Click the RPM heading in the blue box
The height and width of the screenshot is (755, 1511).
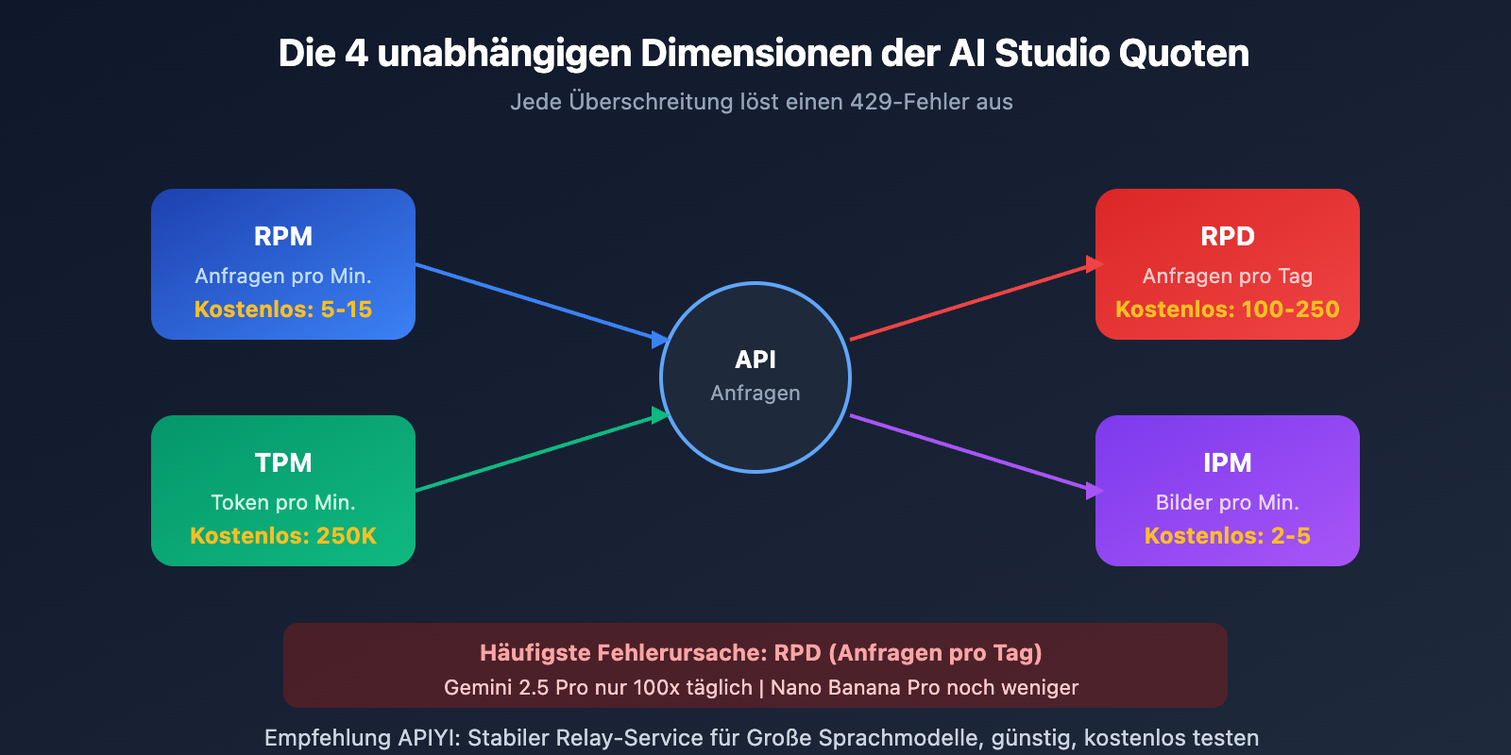[283, 236]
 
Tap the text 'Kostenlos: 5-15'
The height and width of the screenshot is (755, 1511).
[283, 310]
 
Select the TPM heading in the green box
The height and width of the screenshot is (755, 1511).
[283, 462]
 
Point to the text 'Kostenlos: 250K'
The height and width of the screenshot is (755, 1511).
[283, 536]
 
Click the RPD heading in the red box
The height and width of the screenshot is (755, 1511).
[1228, 236]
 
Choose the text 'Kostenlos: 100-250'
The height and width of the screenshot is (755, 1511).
[1228, 310]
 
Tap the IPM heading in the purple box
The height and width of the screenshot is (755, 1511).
[1228, 462]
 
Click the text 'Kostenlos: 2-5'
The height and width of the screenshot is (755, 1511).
[1228, 536]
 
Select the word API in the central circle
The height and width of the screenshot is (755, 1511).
[755, 360]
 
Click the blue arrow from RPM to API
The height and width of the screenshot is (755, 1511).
[538, 301]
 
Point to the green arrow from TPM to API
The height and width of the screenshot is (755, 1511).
[538, 453]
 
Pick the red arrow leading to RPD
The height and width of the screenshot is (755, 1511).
[973, 302]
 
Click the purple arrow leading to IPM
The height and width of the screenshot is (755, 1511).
[973, 453]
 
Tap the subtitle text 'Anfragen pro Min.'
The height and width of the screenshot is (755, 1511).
[283, 277]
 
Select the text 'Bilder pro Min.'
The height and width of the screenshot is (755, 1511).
[1228, 503]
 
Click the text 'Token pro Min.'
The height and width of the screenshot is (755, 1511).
[283, 503]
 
